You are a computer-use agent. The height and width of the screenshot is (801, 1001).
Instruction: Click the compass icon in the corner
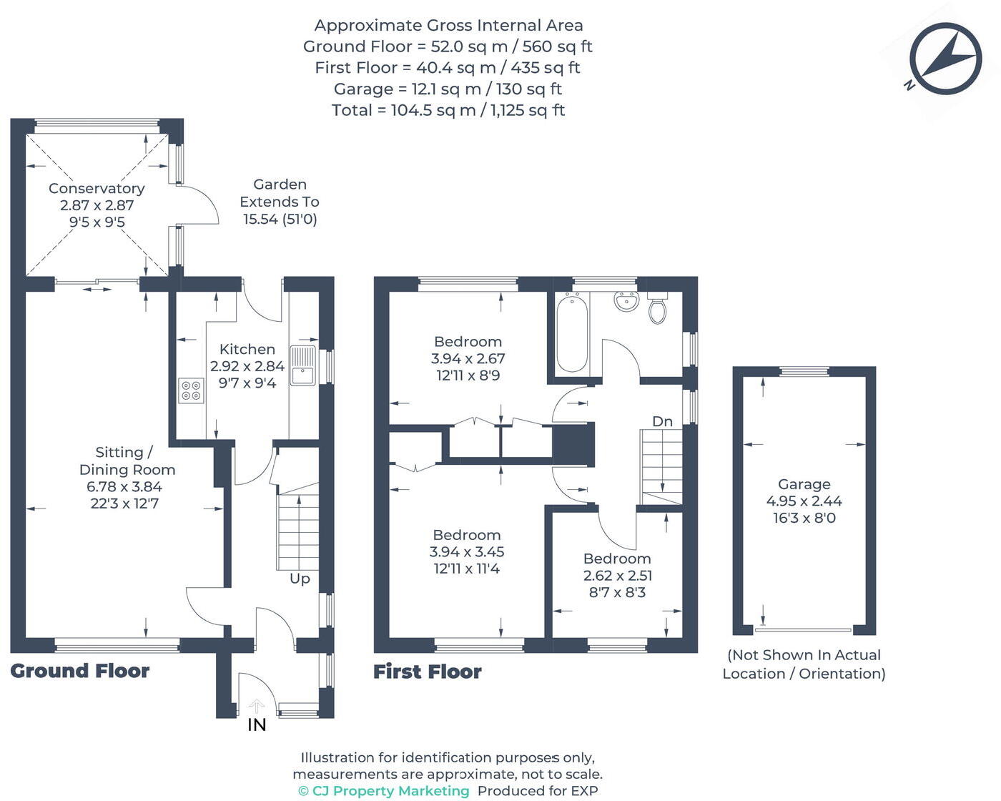[945, 59]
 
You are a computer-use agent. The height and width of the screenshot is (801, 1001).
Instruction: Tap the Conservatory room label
[97, 189]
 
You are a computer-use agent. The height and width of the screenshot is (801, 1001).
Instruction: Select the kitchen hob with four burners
[191, 390]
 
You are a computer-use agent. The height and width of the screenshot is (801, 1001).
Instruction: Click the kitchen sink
[303, 365]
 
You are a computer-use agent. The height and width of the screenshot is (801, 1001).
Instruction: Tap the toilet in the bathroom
[657, 309]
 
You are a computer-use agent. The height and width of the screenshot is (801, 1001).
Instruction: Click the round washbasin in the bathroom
[626, 303]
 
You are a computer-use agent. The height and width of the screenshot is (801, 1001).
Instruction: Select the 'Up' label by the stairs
[300, 579]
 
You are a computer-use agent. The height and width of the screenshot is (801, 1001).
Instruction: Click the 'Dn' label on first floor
[662, 421]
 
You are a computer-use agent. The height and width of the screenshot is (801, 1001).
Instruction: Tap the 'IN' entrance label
[257, 725]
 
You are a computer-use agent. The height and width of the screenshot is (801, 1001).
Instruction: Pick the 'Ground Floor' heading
[80, 671]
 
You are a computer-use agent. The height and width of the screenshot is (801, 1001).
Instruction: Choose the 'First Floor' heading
[428, 672]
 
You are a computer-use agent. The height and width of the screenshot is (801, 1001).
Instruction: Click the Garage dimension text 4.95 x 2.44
[804, 501]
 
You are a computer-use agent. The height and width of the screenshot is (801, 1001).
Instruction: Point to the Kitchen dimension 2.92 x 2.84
[247, 366]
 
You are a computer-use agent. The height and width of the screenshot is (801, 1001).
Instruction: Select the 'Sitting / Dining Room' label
[127, 461]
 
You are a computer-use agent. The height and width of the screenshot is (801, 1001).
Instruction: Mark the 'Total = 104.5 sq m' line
[448, 110]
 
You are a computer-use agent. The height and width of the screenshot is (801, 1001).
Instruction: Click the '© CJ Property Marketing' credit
[384, 791]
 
